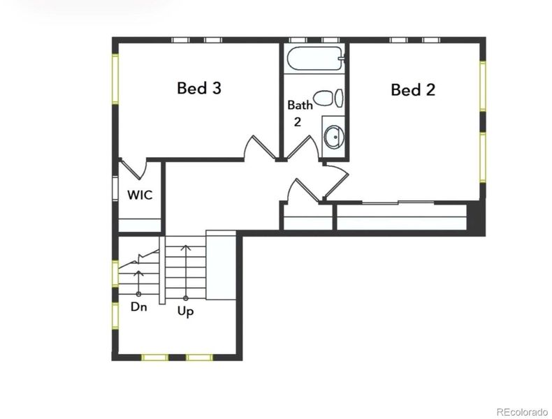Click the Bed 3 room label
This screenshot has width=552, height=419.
tap(199, 88)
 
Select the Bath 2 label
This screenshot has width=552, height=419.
tap(300, 112)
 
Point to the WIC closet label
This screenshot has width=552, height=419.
tap(140, 194)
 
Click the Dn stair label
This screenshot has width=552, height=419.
tap(138, 306)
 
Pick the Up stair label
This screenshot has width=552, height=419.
tap(185, 311)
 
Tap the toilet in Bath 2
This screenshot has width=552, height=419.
tap(328, 98)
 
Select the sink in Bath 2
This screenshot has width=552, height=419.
tap(335, 136)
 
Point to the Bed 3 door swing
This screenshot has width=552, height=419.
tap(257, 147)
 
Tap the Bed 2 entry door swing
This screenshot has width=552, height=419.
tap(333, 178)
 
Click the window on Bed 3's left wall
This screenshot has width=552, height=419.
tap(116, 79)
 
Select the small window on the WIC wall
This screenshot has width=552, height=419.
tap(116, 189)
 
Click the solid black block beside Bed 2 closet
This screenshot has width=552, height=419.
tap(475, 218)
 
